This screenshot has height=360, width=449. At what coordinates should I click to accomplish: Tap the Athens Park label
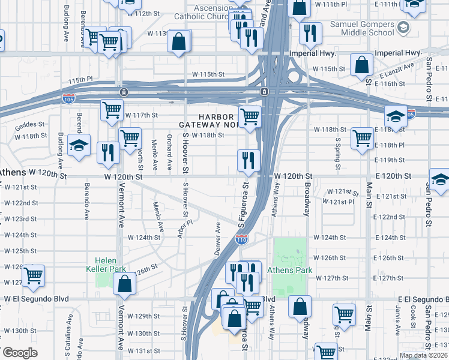[x=293, y=270]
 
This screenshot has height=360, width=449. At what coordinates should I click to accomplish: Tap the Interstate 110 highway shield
[x=242, y=239]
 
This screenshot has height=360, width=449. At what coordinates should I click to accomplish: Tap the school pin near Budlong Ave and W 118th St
[x=79, y=145]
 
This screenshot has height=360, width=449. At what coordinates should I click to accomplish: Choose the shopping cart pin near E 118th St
[x=362, y=138]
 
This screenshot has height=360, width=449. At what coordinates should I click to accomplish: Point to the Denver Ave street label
[x=218, y=238]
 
